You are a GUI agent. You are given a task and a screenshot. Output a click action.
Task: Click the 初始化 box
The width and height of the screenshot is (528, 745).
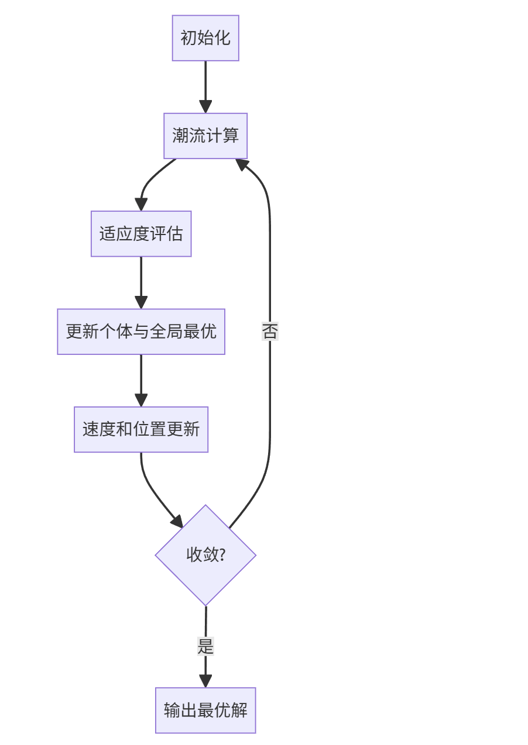205,38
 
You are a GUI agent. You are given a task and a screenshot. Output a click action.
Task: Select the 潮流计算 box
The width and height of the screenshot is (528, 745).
205,136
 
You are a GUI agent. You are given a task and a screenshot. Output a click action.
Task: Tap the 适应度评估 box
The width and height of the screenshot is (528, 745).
141,234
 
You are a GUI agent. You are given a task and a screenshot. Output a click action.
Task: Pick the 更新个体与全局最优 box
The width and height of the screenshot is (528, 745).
141,332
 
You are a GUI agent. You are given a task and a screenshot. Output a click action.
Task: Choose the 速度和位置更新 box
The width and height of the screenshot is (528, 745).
141,429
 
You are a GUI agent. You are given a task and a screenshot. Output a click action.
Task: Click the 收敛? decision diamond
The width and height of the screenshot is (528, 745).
205,555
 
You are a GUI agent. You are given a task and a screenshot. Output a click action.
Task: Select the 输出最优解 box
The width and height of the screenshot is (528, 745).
205,710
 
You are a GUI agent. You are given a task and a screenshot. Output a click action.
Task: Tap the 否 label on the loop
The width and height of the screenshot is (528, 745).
270,332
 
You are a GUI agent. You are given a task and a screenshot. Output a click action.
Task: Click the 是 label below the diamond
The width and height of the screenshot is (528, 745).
205,647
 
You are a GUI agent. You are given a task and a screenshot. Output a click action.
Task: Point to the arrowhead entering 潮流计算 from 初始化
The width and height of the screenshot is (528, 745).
205,107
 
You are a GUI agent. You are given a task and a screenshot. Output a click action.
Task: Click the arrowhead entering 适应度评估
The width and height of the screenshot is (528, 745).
141,205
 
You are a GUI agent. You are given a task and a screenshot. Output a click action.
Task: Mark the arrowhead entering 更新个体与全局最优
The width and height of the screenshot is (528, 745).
141,302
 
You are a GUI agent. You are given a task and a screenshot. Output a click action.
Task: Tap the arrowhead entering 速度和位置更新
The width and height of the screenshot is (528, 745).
141,400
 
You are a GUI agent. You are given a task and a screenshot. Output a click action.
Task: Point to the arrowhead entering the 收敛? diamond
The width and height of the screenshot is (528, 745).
177,521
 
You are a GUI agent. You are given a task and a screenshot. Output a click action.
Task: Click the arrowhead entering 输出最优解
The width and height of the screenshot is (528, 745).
205,681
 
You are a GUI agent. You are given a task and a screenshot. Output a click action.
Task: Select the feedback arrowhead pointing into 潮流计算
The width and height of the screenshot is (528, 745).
242,164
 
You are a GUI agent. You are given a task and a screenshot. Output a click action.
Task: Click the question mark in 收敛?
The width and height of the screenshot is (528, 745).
222,555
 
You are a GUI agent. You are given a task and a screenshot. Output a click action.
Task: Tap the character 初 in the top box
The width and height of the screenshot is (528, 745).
188,38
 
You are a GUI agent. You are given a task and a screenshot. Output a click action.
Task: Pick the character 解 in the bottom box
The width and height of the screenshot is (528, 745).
239,710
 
